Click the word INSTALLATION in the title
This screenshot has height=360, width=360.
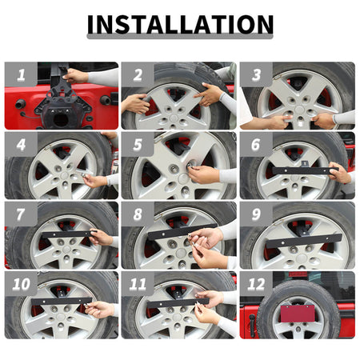180,24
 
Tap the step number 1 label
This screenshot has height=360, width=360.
21,75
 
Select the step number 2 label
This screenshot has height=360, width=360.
138,75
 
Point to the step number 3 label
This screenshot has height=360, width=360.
256,75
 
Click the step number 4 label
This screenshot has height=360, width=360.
21,145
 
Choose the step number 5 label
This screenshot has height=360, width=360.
138,145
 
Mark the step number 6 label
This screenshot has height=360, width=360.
256,145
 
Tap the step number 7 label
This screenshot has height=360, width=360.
21,214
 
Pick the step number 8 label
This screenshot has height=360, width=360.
138,214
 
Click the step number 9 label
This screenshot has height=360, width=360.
256,214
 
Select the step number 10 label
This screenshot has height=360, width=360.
21,284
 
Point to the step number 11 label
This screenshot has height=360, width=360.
138,284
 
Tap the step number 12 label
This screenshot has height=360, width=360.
256,284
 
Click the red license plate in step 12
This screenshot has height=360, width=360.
298,314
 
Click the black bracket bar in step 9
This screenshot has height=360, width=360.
304,241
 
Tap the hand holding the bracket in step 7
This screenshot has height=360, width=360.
102,237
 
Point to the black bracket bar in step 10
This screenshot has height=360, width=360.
62,302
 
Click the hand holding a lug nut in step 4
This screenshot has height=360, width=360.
95,181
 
